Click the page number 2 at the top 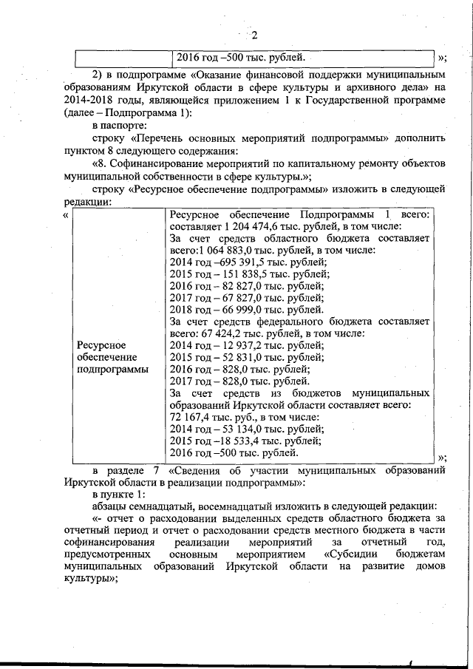[x=253, y=35]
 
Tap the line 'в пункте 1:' [x=118, y=492]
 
